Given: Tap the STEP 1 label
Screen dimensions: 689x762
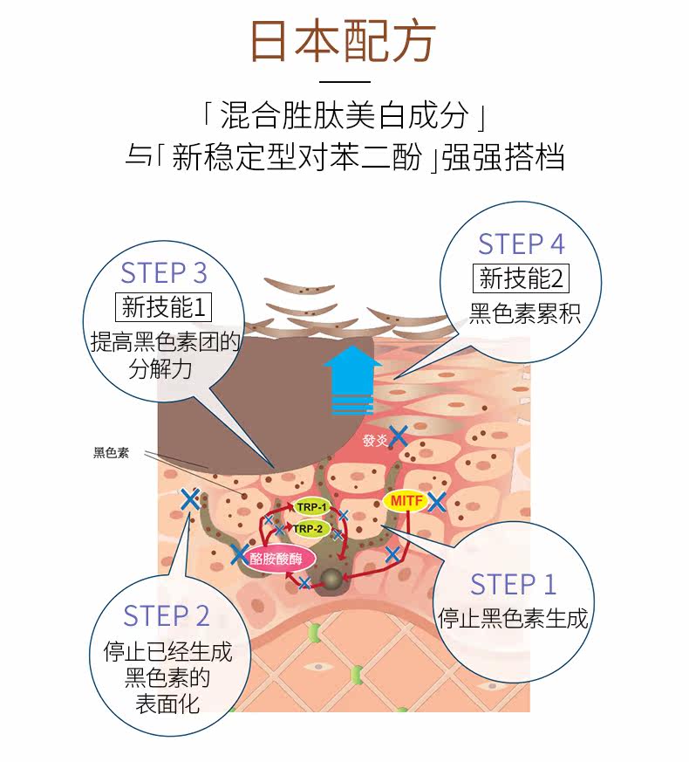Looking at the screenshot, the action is tap(513, 584).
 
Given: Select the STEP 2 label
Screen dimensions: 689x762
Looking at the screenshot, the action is tap(167, 615).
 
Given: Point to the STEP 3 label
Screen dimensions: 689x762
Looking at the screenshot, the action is tap(164, 272).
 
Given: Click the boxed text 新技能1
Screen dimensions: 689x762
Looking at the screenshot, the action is tap(164, 306).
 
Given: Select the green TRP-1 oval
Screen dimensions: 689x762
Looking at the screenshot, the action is tap(311, 508).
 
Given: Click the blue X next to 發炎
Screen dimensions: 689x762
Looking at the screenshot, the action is tap(399, 437).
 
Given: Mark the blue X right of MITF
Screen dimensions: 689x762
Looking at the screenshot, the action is tap(437, 502).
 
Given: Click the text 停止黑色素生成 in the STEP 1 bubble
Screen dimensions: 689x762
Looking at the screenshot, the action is tap(513, 619).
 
